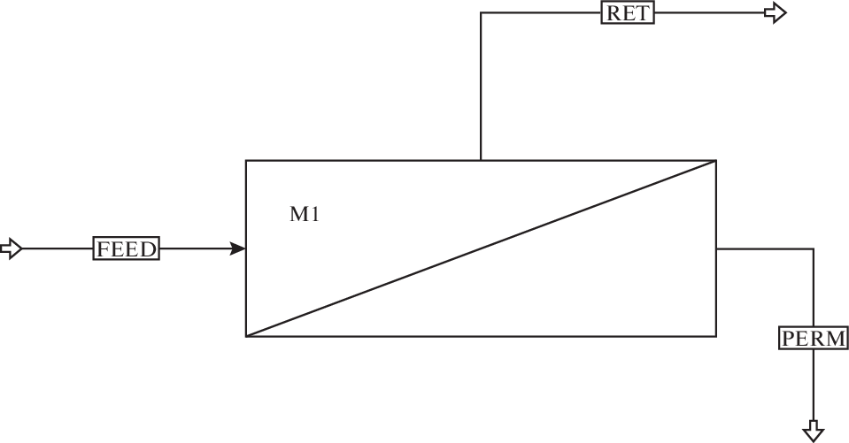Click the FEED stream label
[127, 249]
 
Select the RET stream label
[628, 13]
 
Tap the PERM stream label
[813, 338]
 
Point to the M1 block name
[304, 215]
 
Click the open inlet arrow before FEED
[11, 249]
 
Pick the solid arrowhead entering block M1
[238, 249]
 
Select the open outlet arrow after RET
[776, 13]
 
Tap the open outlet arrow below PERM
[813, 431]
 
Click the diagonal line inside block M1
[481, 248]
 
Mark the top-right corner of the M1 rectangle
[715, 160]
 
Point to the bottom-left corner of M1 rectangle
[246, 336]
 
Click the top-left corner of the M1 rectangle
[246, 160]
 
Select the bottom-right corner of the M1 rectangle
[715, 336]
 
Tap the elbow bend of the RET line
[481, 13]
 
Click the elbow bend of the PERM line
[813, 249]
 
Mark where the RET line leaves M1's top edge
[481, 160]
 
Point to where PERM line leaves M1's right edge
[715, 249]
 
